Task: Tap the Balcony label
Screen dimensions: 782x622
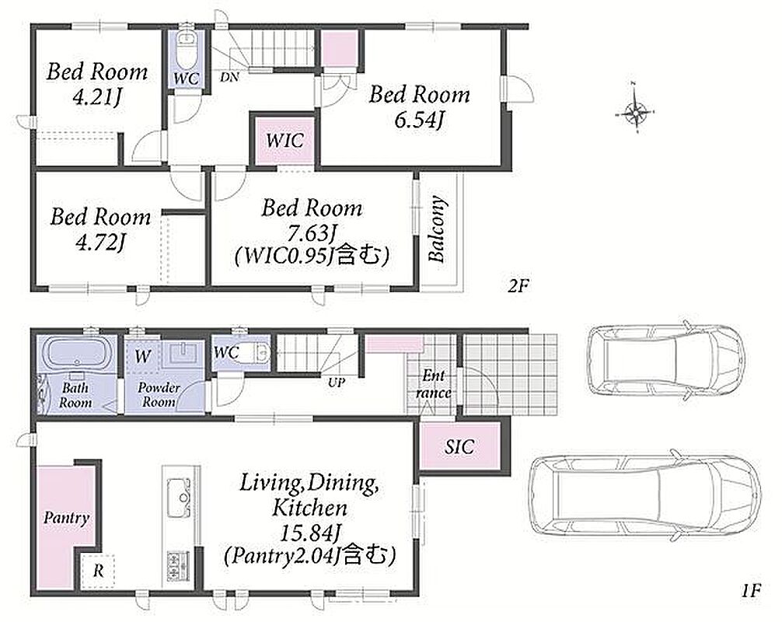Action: tap(437, 229)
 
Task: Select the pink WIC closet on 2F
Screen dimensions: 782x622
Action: tap(285, 140)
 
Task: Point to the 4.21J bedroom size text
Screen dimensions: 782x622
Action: tap(96, 96)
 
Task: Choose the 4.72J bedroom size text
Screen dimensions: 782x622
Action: tap(100, 242)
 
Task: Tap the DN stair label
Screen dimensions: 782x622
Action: tap(229, 77)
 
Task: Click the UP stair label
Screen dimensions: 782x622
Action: tap(337, 383)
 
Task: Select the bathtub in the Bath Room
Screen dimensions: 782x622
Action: tap(76, 354)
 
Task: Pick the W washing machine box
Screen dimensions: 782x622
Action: tap(143, 356)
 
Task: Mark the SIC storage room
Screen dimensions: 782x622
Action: tap(459, 446)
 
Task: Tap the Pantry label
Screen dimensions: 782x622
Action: tap(66, 518)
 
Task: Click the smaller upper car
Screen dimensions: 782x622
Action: tap(666, 359)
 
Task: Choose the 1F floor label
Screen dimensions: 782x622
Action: tap(749, 591)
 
